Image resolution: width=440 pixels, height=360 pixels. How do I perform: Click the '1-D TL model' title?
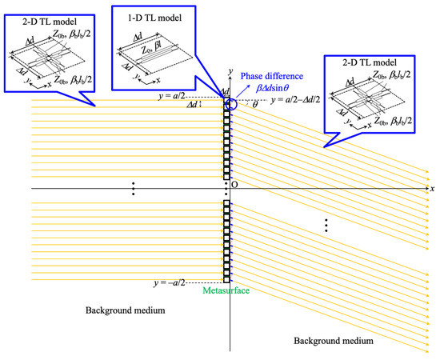click(x=154, y=18)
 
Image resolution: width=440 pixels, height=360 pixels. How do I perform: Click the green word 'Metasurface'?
click(x=226, y=290)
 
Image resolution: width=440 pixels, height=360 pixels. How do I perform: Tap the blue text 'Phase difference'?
click(x=272, y=76)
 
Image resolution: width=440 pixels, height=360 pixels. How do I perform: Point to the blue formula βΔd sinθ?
click(x=272, y=88)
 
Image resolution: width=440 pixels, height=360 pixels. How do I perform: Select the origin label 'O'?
click(x=234, y=184)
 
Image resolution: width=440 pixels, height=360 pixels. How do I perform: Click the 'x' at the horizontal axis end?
click(x=433, y=189)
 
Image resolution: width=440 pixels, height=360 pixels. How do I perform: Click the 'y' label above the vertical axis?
click(x=230, y=71)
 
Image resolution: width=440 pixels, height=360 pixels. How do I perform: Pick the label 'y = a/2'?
click(x=171, y=96)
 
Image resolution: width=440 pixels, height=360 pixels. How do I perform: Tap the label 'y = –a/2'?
click(x=170, y=282)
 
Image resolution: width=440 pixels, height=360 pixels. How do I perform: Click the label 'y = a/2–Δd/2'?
click(x=295, y=100)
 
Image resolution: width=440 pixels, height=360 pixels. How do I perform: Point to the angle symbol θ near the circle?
click(x=254, y=105)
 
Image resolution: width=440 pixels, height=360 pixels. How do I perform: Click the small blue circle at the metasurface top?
click(x=231, y=104)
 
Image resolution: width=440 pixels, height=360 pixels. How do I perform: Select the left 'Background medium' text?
click(x=125, y=310)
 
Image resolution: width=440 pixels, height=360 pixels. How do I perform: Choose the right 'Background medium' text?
click(x=334, y=341)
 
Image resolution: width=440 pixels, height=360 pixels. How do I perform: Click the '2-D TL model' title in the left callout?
click(x=50, y=22)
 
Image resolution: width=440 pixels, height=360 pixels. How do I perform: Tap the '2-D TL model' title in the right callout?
click(x=370, y=62)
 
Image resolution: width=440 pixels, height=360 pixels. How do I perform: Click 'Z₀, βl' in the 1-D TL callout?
click(x=151, y=50)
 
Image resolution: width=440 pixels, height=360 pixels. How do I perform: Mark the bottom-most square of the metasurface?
click(x=226, y=279)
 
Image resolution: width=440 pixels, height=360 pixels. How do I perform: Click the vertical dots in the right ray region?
click(x=326, y=226)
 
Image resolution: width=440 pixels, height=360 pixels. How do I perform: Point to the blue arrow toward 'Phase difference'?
click(x=243, y=90)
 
